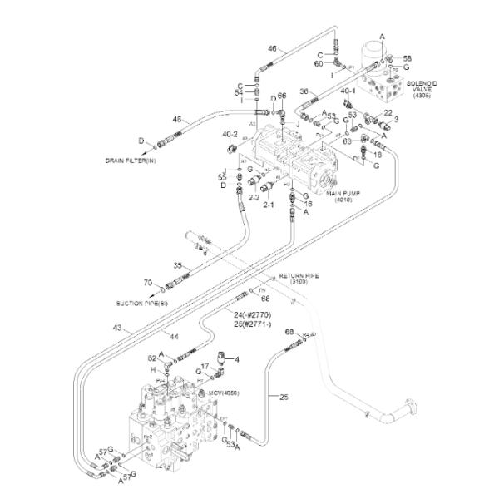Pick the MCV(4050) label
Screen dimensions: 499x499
(224, 393)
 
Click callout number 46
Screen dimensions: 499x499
(271, 49)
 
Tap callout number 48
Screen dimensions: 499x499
(176, 119)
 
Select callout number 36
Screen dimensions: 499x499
(304, 91)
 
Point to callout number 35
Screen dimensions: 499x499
(177, 265)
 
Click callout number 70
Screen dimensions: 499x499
(147, 283)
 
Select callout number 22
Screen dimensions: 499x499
(388, 114)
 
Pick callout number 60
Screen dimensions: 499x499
(319, 63)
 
